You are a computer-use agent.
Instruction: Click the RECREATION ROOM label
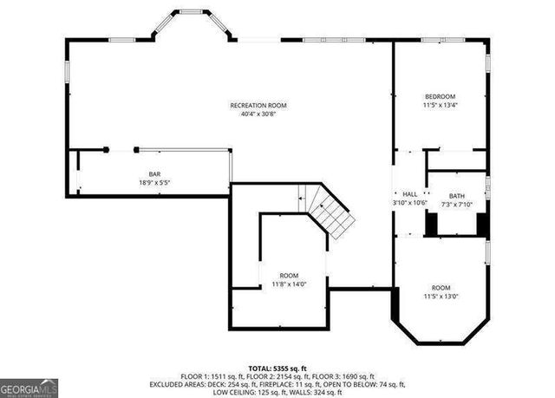coord(258,105)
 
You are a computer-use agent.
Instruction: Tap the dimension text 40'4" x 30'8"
coord(258,114)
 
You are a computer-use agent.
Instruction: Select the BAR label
coord(154,174)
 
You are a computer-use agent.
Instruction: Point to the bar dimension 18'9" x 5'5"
coord(154,183)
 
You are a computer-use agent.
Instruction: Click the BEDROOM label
coord(440,96)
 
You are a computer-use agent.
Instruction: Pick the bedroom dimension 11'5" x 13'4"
coord(440,105)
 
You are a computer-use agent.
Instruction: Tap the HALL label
coord(410,194)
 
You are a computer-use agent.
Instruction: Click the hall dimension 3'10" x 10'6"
coord(410,203)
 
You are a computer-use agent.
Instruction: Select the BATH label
coord(456,196)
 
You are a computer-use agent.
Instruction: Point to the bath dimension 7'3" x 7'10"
coord(456,205)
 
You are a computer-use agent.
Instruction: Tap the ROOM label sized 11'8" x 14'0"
coord(289,275)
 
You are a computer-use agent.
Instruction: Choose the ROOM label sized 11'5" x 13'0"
coord(441,287)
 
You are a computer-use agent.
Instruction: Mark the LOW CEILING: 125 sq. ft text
coord(250,391)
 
